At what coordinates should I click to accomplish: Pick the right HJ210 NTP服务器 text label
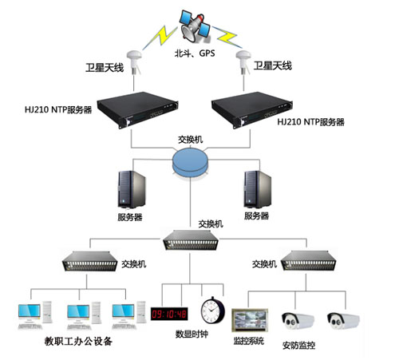[x=311, y=123]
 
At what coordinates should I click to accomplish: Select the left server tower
[x=130, y=189]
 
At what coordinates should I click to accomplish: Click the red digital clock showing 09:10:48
[x=169, y=312]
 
